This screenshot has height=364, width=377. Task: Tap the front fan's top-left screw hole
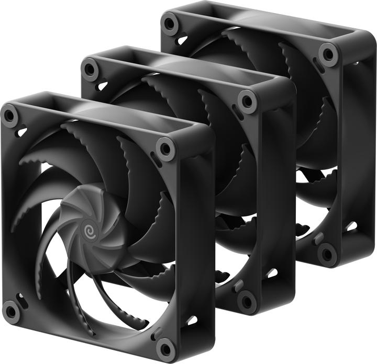click(x=10, y=116)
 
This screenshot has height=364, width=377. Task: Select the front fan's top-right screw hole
click(x=166, y=149)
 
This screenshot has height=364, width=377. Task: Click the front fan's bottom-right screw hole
click(x=165, y=348)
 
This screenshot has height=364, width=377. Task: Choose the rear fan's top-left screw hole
click(x=169, y=23)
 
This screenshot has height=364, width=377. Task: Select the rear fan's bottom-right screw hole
click(x=327, y=254)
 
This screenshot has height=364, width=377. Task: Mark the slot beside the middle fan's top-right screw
click(x=237, y=113)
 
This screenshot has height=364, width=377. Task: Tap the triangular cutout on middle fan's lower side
click(x=271, y=273)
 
